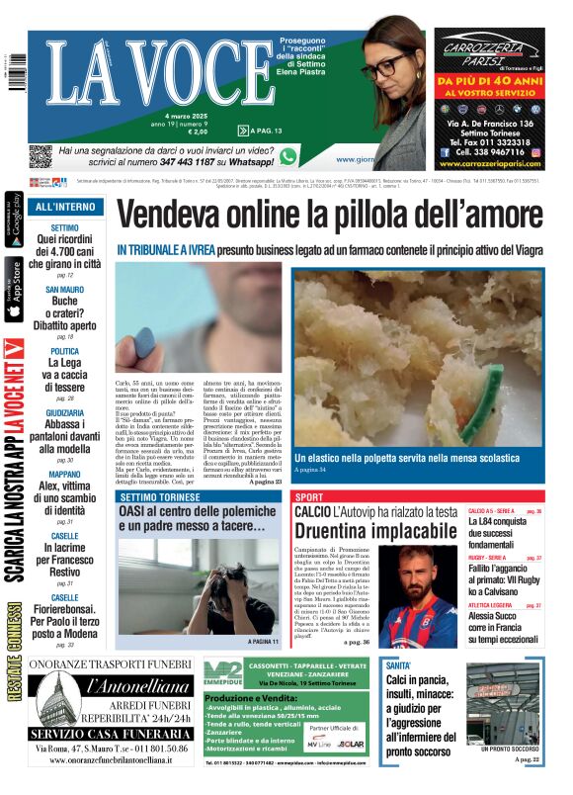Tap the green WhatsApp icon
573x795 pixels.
click(288, 156)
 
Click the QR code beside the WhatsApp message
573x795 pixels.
click(40, 156)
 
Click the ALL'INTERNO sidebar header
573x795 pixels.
click(65, 207)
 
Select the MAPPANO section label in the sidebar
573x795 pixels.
click(64, 474)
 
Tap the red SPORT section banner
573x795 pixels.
click(309, 496)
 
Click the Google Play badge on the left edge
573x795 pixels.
click(14, 221)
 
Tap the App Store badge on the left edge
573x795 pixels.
click(14, 292)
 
